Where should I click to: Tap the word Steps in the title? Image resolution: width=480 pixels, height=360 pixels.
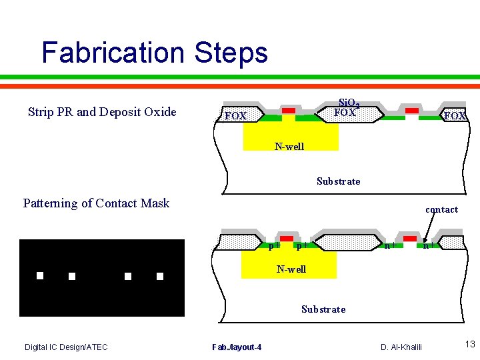pos(232,53)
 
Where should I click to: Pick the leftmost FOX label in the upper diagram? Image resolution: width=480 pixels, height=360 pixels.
pos(236,116)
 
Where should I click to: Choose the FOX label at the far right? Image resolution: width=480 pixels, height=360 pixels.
pos(455,116)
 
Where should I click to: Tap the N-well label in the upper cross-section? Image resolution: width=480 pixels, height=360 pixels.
pos(289,147)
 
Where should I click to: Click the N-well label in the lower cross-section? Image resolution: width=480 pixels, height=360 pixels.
pos(291,269)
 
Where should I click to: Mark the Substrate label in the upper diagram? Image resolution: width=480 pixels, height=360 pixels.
pos(338,181)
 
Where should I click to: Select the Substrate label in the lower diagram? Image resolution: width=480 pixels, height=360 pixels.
pos(323,309)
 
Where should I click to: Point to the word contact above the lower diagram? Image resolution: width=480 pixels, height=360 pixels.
pos(441,209)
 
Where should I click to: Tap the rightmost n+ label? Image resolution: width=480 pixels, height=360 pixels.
pos(429,245)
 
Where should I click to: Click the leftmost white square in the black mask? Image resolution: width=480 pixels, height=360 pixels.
pos(40,275)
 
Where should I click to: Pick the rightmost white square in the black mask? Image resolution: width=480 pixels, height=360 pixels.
pos(160,275)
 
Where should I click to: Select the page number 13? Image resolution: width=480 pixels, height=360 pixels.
pos(469,344)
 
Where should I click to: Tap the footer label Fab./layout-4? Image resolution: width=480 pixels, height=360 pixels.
pos(237,347)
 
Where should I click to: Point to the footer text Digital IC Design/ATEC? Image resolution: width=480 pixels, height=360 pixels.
pos(66,347)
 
